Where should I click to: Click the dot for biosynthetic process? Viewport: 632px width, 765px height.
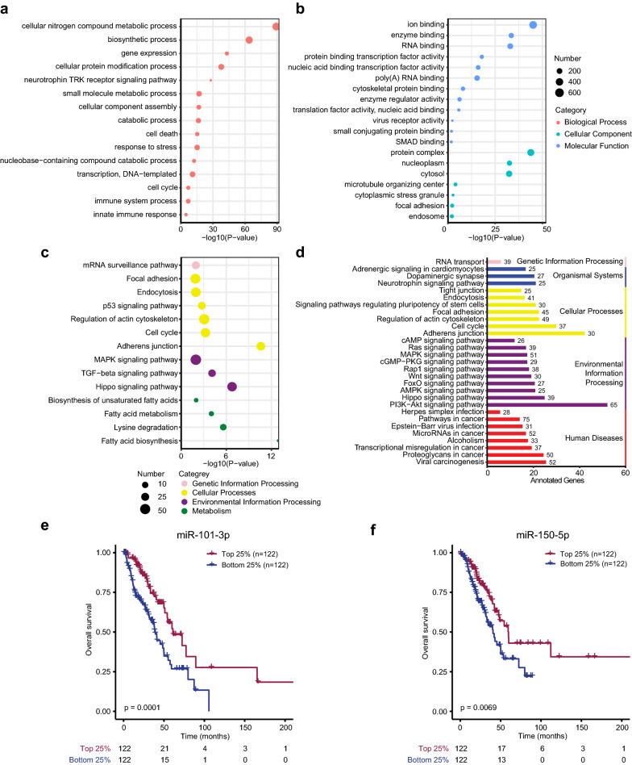[249, 40]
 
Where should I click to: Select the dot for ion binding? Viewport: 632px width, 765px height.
[533, 26]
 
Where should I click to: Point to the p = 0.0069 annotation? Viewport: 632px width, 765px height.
[478, 708]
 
